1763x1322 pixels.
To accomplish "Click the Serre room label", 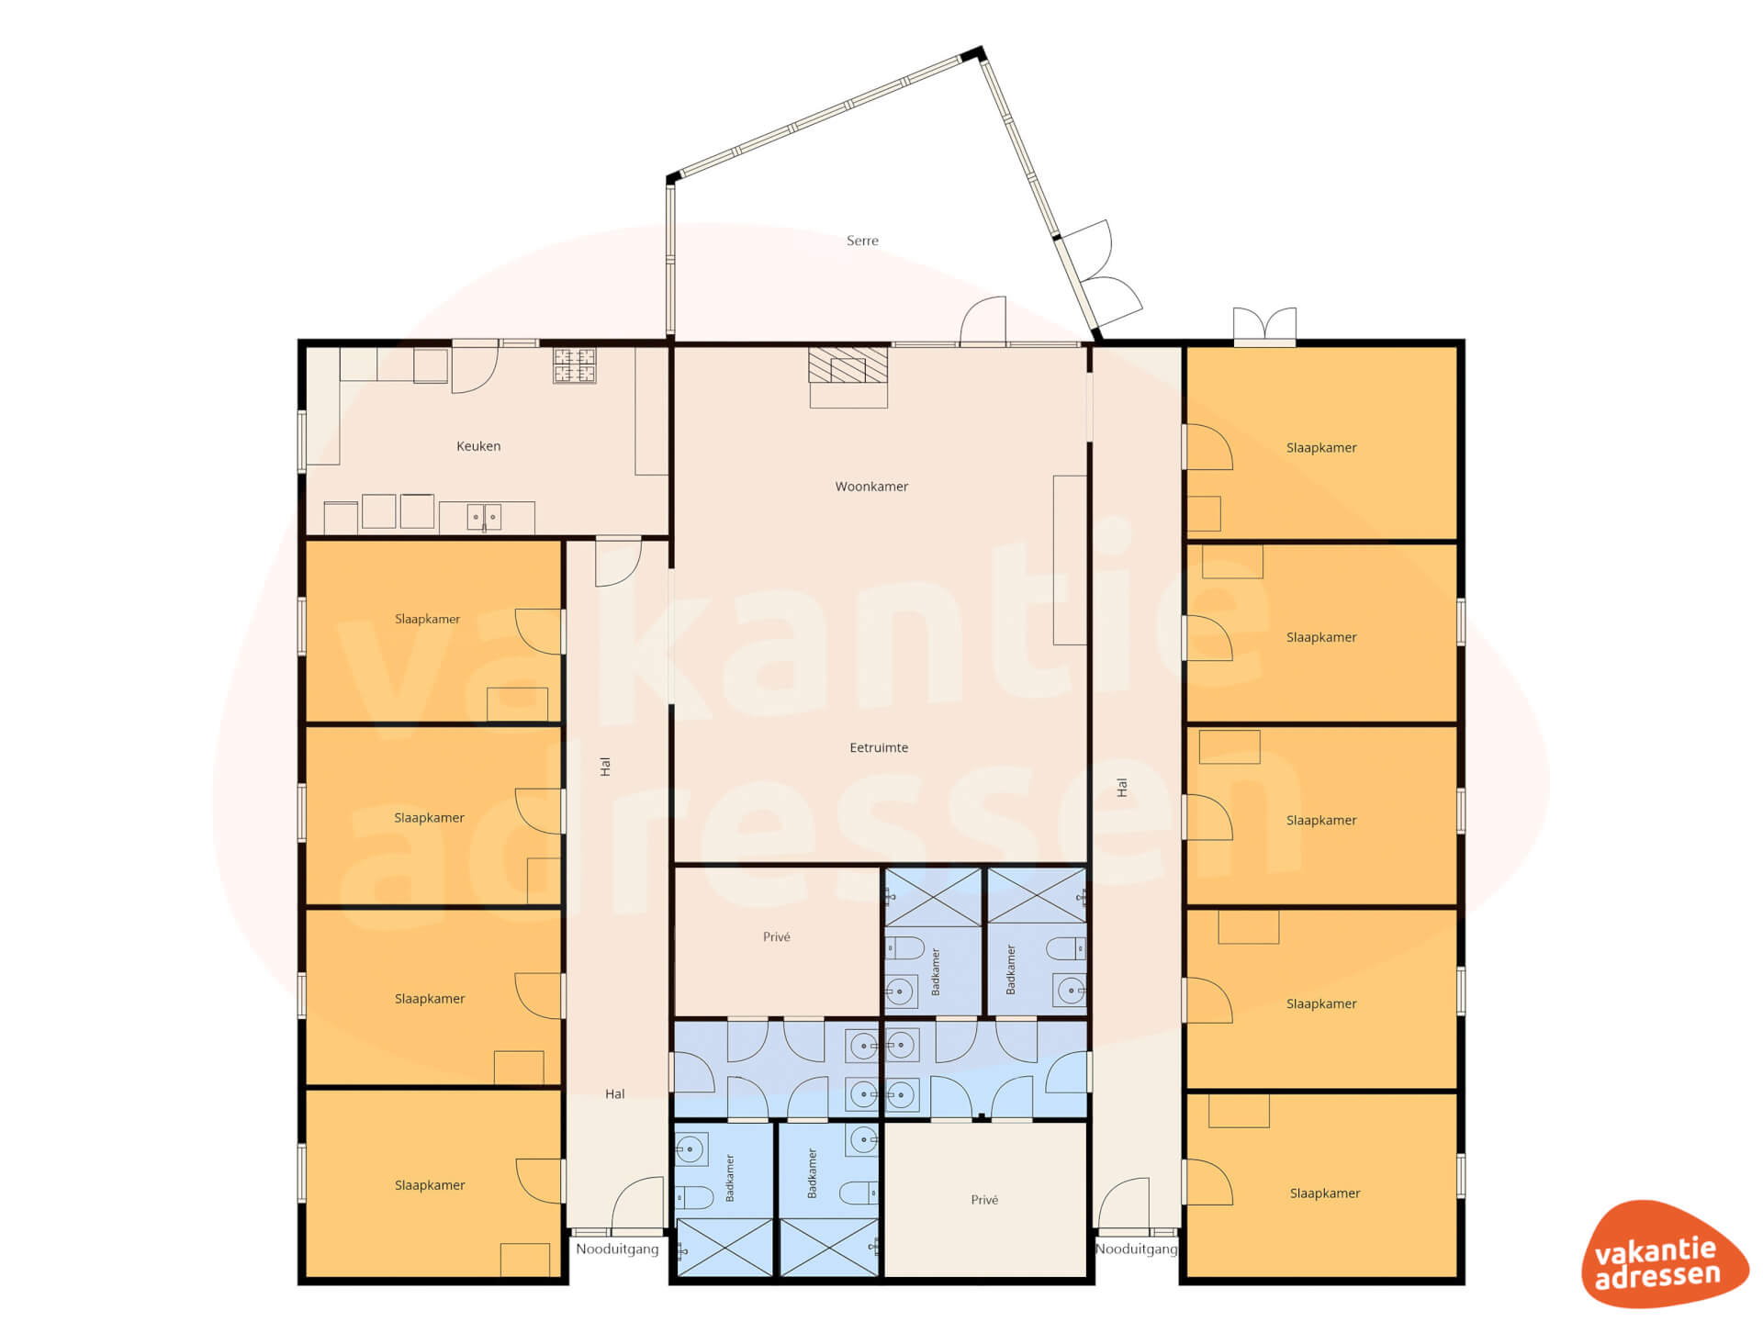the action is point(862,241).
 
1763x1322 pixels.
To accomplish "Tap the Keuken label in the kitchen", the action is point(478,446).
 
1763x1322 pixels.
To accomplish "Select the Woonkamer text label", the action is point(871,487).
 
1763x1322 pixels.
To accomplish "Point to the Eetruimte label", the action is point(879,747).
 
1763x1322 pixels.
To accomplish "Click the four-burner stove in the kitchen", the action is point(574,365).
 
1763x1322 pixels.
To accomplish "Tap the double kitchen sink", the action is point(484,517).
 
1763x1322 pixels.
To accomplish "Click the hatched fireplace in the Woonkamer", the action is point(848,364).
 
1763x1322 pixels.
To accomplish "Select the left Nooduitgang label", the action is point(617,1249).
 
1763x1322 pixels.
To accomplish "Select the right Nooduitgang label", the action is point(1136,1249).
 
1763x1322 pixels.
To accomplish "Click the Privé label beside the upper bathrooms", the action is point(776,936).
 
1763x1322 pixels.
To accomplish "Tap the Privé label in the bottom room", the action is point(984,1200).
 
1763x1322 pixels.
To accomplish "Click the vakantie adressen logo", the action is point(1664,1254).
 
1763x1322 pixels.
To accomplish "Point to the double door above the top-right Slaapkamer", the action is point(1264,326).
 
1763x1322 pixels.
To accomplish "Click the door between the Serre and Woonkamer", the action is point(983,321).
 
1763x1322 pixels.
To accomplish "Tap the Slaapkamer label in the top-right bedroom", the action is point(1321,448).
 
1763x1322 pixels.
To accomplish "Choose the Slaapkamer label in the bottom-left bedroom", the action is point(430,1185).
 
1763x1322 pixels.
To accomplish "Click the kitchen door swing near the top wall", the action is point(475,367).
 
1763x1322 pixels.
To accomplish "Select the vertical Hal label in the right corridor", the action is point(1121,787).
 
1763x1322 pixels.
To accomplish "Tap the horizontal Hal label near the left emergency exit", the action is point(614,1093).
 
